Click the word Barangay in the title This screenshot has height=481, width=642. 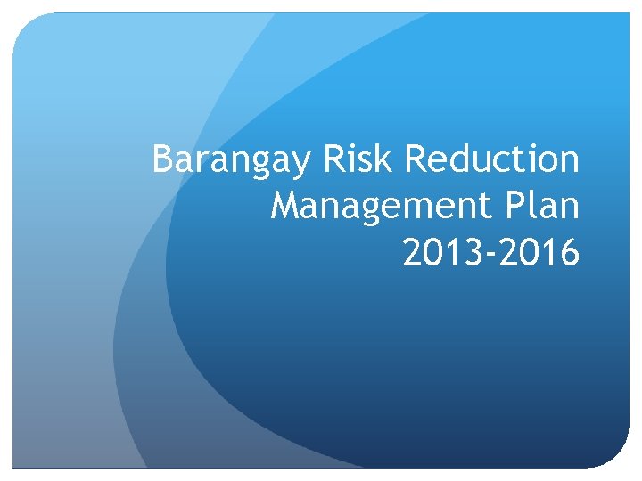click(229, 161)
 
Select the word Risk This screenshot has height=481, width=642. click(357, 159)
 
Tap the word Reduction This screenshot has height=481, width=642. click(492, 159)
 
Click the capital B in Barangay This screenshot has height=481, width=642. click(162, 159)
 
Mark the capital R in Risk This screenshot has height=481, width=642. click(333, 159)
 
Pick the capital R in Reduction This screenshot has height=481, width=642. click(416, 159)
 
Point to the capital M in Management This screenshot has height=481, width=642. click(285, 206)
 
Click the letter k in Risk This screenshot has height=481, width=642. click(384, 159)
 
